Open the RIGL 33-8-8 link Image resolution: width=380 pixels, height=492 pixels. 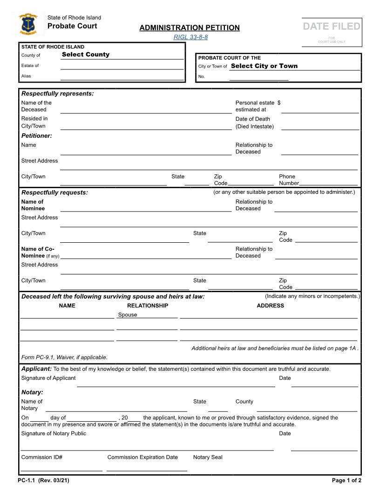[x=190, y=37]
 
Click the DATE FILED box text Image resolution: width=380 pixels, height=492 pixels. [x=332, y=27]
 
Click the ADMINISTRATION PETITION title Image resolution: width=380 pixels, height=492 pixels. [x=190, y=28]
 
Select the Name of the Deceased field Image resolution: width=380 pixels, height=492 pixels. [x=146, y=109]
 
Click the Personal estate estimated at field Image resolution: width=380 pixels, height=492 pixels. [x=320, y=109]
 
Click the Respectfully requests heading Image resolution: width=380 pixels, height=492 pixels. [x=54, y=192]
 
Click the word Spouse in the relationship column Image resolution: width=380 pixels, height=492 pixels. [x=128, y=315]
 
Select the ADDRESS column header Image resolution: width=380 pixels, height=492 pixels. [x=270, y=306]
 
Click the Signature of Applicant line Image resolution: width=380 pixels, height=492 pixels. [x=176, y=383]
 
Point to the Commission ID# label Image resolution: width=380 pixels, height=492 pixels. [x=42, y=457]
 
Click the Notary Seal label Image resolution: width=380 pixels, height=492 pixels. [x=208, y=457]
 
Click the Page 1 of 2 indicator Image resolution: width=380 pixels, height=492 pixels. [x=346, y=480]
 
